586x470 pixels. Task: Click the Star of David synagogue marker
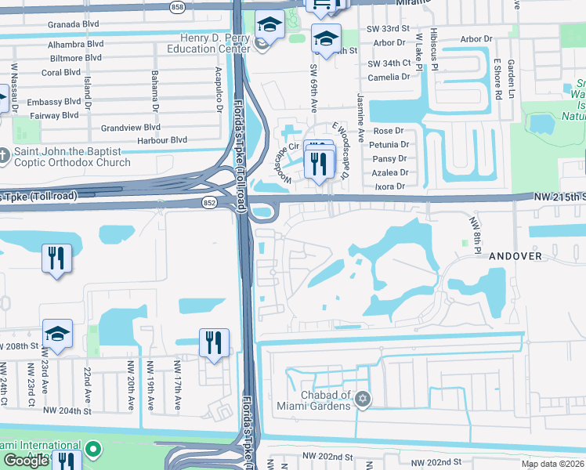click(362, 400)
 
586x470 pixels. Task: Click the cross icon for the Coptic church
click(3, 157)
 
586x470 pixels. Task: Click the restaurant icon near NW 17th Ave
click(213, 342)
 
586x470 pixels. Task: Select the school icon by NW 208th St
click(58, 333)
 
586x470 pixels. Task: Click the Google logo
click(26, 461)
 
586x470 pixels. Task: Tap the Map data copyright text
click(553, 464)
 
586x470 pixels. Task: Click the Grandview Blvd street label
click(131, 127)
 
